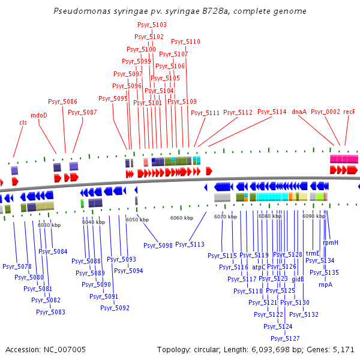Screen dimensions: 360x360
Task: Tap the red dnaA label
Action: (x=299, y=112)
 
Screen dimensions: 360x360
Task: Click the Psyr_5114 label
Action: (x=272, y=112)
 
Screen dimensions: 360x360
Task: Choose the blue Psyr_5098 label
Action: (x=158, y=245)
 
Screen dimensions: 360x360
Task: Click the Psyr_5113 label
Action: (x=190, y=244)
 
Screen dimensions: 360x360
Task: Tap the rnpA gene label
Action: (x=325, y=284)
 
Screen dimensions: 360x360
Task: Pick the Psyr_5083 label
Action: (x=50, y=312)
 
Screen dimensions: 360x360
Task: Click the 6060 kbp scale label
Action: (x=182, y=218)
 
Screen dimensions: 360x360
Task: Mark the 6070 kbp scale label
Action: (x=226, y=217)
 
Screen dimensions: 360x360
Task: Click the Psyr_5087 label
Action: (x=82, y=112)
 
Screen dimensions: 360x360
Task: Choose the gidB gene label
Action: (x=298, y=279)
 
